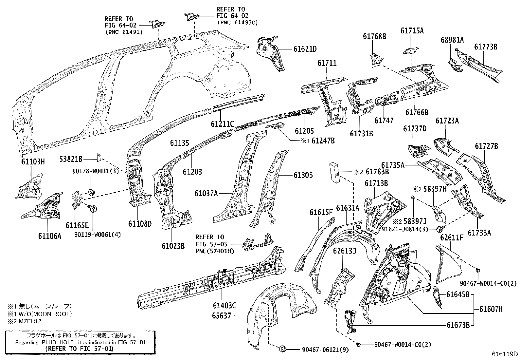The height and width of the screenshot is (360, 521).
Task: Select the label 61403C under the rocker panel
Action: tap(224, 306)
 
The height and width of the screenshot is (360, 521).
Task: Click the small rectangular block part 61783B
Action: tap(334, 172)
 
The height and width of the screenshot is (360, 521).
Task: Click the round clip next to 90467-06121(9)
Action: tap(281, 349)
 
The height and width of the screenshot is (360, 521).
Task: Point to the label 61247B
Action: tap(323, 141)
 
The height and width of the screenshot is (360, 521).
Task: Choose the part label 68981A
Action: tap(452, 40)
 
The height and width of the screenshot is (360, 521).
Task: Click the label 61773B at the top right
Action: tap(486, 47)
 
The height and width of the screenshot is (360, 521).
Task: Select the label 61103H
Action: tap(31, 161)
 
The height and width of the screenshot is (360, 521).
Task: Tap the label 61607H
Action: tap(491, 309)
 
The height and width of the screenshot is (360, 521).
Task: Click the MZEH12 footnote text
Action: tap(31, 321)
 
